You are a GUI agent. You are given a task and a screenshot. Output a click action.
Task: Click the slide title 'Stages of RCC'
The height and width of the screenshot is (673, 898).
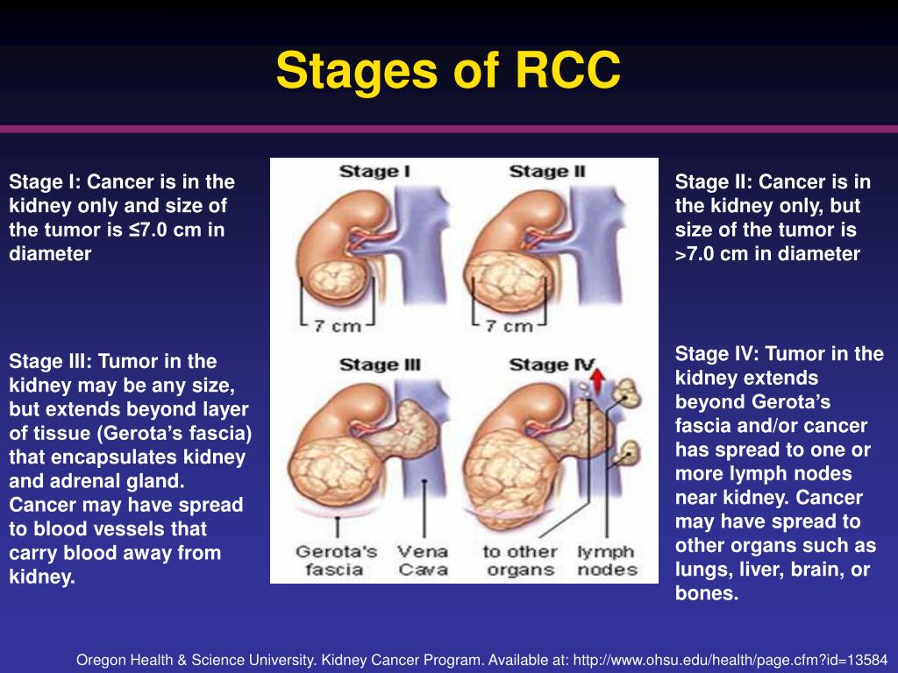[x=448, y=71]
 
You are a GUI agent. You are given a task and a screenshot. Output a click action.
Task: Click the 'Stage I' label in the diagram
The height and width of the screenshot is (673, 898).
[x=374, y=172]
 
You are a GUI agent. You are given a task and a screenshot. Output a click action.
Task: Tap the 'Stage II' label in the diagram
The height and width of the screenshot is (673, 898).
[x=546, y=172]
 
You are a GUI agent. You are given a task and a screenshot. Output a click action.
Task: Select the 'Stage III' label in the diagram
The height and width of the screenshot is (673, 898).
[x=379, y=365]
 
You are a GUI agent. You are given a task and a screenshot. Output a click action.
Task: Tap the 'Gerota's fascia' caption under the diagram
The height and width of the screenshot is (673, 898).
[x=336, y=560]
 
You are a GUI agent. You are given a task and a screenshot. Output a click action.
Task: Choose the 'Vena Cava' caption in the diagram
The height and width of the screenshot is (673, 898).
[x=423, y=560]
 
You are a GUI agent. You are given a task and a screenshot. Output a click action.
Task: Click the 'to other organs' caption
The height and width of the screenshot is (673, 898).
[x=519, y=560]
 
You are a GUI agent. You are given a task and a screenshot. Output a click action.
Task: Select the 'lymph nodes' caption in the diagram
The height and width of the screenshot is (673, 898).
[x=607, y=560]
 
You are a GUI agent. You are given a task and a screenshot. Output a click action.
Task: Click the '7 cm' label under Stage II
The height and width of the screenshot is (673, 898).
[x=509, y=326]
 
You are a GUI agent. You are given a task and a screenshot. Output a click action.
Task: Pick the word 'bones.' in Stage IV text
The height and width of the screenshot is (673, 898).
[x=707, y=593]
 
